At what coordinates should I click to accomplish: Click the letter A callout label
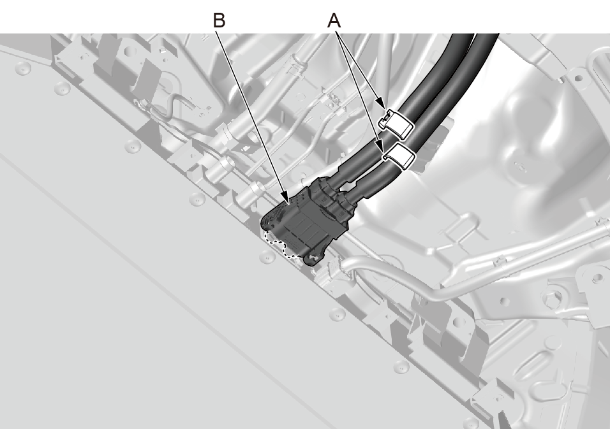[x=334, y=20]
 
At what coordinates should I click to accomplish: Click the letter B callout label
[x=219, y=20]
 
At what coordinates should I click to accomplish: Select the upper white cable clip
[x=396, y=123]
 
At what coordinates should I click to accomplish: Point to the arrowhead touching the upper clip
[x=383, y=105]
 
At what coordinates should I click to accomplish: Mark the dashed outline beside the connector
[x=278, y=245]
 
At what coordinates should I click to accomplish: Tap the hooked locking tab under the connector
[x=316, y=259]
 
